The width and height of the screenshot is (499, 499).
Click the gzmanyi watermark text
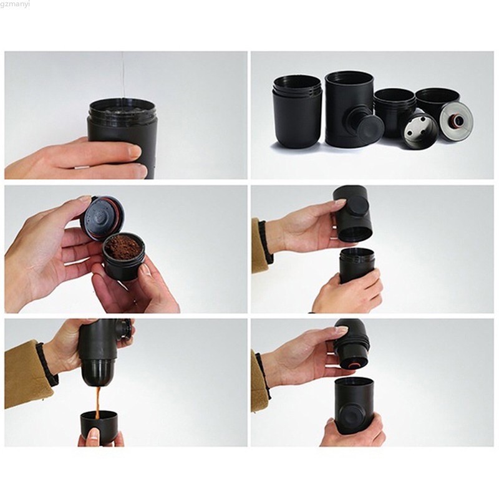point(15,4)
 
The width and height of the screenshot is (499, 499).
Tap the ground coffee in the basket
point(123,247)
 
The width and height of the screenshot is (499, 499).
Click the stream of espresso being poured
point(99,402)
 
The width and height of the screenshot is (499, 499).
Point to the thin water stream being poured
point(123,76)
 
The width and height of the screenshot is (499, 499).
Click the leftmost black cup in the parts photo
point(297,112)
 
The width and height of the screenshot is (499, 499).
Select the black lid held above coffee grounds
point(102,218)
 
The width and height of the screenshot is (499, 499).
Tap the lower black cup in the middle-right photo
point(356,264)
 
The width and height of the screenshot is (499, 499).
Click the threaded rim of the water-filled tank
point(122,108)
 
